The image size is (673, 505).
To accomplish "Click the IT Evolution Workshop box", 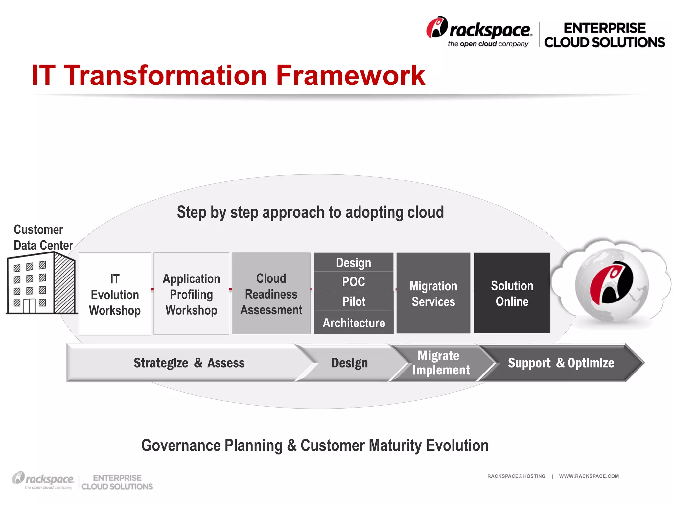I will click(115, 294).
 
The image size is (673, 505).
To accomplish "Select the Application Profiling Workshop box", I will click(191, 294).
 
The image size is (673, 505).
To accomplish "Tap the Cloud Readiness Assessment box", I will click(271, 294).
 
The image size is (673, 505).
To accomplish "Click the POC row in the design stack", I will click(354, 282).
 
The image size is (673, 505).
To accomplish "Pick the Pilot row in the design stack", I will click(354, 301).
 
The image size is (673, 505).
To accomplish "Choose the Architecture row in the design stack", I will click(354, 323).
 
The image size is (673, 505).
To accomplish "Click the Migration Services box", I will click(433, 293).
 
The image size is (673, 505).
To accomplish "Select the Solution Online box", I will click(512, 293).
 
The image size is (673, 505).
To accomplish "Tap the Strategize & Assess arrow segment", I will click(189, 363).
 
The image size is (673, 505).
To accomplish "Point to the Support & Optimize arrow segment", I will click(561, 363).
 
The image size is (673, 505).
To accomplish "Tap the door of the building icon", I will click(29, 306).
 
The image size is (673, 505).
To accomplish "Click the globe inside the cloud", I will click(612, 285).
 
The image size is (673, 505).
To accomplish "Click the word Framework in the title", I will click(350, 76).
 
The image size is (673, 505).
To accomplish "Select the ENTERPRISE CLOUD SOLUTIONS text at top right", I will click(604, 35).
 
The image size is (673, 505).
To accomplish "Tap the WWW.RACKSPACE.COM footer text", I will click(589, 476).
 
